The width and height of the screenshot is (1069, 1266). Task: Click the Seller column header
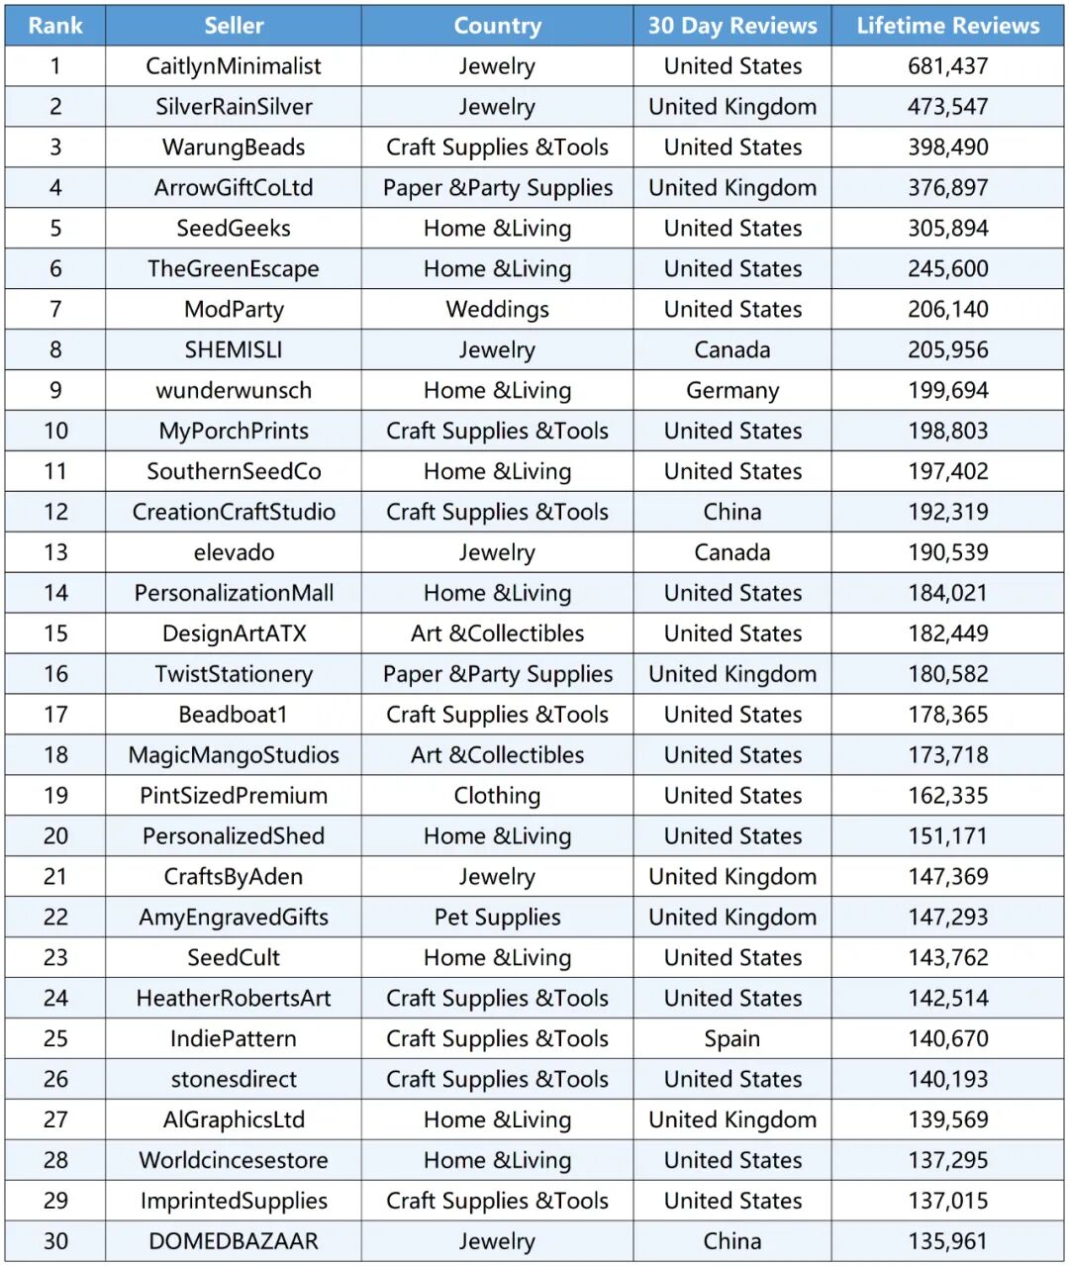pos(234,26)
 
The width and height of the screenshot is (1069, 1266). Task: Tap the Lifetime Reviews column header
pos(947,26)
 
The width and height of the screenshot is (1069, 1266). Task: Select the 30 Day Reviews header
pos(732,26)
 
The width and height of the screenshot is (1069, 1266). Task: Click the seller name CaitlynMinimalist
pos(234,66)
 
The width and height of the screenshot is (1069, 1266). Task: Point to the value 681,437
pos(947,66)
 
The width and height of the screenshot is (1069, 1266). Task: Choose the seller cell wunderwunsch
pos(234,391)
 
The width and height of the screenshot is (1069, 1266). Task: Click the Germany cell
pos(732,391)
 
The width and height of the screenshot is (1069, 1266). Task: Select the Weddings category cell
pos(497,310)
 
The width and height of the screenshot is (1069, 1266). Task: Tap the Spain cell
pos(732,1039)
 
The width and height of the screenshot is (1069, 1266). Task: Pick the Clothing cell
pos(497,796)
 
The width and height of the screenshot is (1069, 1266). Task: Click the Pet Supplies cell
pos(497,918)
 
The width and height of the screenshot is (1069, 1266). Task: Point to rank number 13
pos(55,552)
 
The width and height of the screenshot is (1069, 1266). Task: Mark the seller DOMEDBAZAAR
pos(234,1241)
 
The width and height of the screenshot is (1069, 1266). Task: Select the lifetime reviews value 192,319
pos(947,512)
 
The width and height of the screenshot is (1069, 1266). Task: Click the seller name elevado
pos(234,552)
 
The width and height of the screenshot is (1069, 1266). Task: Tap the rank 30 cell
pos(55,1241)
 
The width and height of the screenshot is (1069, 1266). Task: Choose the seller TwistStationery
pos(234,674)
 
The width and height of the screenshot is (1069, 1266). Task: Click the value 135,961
pos(947,1241)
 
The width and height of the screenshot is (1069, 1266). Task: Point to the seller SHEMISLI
pos(234,350)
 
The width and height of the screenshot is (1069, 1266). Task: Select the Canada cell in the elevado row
pos(732,552)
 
